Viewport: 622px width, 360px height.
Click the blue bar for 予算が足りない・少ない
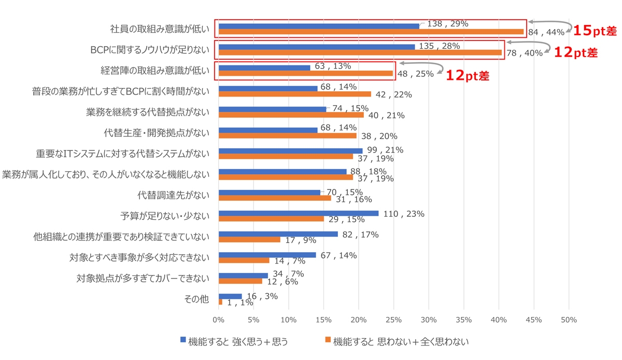298,213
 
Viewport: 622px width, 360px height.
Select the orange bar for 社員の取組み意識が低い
371,32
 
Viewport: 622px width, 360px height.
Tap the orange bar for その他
220,302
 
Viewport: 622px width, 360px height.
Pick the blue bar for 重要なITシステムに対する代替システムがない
290,150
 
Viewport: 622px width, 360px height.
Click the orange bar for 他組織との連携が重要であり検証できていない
249,240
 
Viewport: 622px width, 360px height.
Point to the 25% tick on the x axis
394,320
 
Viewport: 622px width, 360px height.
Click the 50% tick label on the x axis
569,320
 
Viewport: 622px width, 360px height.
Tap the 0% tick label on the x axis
219,320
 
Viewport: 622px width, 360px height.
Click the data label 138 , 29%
448,24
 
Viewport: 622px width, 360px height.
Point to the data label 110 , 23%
404,213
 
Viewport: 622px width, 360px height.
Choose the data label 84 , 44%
546,32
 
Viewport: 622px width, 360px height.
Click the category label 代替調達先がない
173,196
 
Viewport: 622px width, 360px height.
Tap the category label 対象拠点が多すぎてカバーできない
143,279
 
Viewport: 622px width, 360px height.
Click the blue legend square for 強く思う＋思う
182,340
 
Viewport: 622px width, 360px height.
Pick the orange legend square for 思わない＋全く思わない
328,340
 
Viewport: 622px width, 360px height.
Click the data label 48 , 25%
415,74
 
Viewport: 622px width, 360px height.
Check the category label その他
199,299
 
